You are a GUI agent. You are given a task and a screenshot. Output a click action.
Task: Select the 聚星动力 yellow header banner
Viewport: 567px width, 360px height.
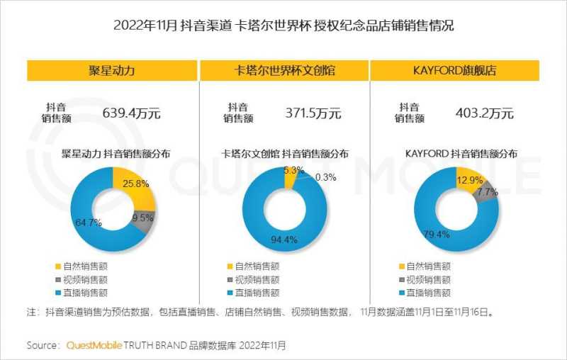(112, 71)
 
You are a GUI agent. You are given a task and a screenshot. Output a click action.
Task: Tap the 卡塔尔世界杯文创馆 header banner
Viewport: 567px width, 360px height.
(283, 71)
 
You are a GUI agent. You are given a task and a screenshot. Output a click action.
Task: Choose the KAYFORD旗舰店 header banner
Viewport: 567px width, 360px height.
(454, 71)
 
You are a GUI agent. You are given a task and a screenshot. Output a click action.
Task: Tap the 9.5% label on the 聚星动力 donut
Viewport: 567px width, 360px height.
(142, 219)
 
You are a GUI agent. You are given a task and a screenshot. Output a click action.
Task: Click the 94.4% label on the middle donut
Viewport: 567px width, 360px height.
(283, 239)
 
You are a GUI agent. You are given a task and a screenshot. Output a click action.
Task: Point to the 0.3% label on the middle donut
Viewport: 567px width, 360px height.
(325, 177)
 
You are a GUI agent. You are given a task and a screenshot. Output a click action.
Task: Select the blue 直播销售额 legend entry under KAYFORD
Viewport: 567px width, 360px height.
(425, 292)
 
